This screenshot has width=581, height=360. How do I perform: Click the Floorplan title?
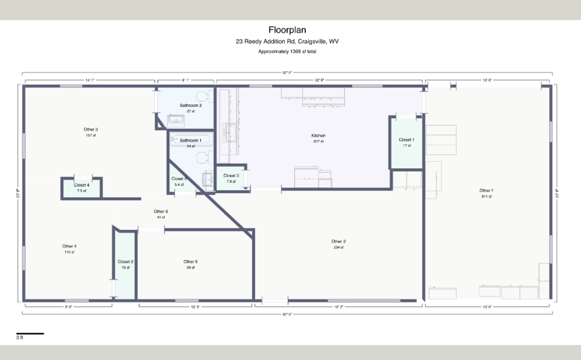click(290, 30)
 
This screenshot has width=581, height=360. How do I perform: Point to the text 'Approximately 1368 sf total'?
click(290, 52)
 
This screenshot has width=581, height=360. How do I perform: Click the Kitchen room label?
click(318, 136)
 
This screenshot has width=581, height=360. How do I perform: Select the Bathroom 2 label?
click(191, 105)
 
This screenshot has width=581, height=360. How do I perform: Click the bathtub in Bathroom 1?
click(190, 140)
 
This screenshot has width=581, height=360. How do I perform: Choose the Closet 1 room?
click(406, 142)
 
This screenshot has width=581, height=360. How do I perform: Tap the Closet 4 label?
click(81, 185)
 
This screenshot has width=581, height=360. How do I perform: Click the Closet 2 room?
click(125, 264)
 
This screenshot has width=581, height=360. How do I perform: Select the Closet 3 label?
click(231, 176)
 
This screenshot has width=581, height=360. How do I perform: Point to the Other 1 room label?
click(486, 191)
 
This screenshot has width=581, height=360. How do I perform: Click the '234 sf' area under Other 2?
click(338, 247)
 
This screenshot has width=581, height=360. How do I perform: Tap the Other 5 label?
click(190, 262)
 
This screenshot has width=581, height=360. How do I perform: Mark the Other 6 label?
click(161, 211)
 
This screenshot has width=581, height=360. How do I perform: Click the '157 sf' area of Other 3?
click(91, 135)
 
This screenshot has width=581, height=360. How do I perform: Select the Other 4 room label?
click(69, 246)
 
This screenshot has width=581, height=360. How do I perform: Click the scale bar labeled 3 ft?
click(30, 334)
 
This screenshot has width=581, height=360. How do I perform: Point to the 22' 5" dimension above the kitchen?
click(320, 80)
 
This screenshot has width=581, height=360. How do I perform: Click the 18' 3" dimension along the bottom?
click(338, 307)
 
